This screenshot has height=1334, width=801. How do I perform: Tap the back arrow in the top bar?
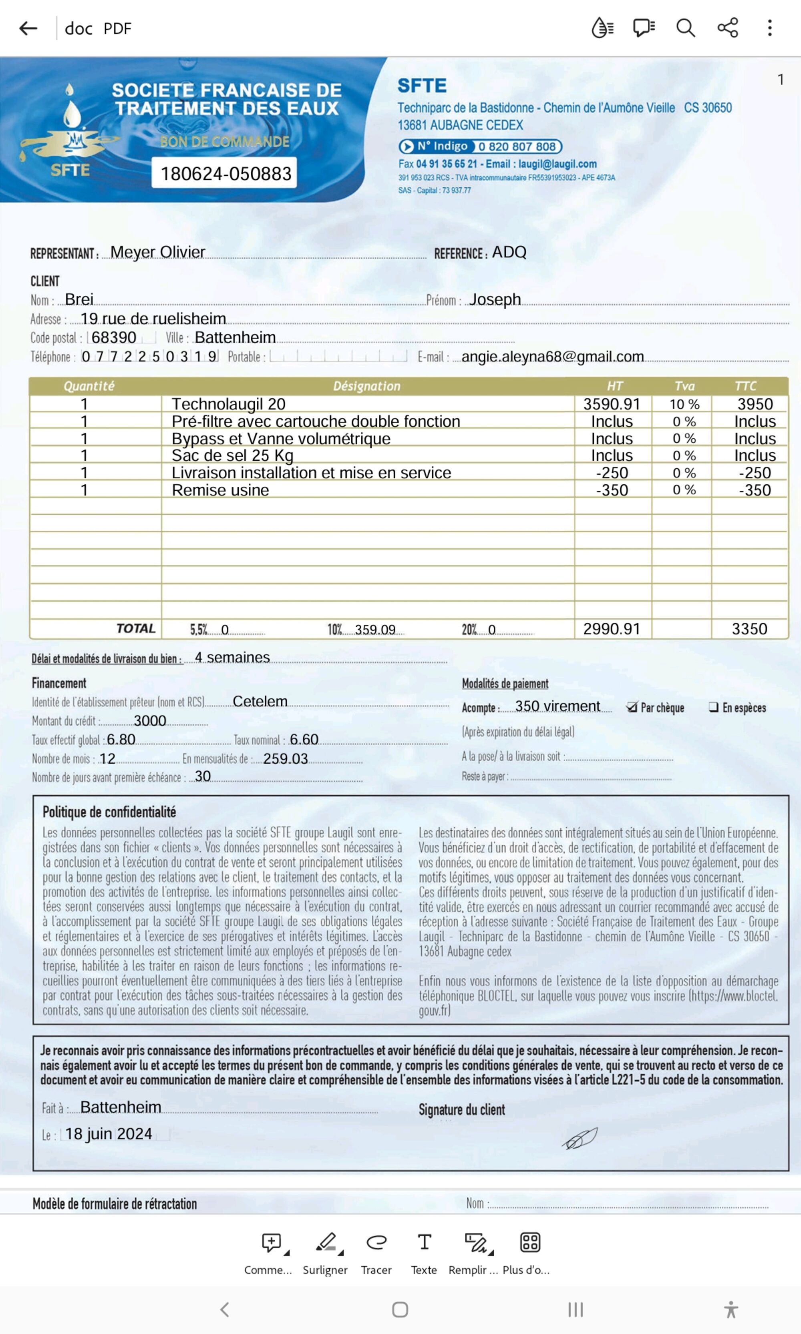tap(28, 28)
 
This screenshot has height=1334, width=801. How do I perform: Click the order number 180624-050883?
tap(225, 173)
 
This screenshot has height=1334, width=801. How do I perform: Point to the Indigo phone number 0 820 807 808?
tap(517, 146)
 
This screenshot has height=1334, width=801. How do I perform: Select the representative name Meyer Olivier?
tap(158, 252)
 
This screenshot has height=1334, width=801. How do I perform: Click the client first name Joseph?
tap(495, 299)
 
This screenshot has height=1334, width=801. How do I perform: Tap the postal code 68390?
tap(114, 338)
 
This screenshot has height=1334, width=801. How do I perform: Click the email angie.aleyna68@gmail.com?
tap(552, 357)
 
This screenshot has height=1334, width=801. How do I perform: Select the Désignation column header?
tap(366, 386)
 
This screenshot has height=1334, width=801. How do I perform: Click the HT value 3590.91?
tap(612, 404)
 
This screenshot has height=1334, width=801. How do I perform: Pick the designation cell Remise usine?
tap(220, 490)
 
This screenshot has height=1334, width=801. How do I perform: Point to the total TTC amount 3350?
tap(749, 629)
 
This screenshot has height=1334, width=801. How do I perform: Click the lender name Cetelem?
tap(260, 701)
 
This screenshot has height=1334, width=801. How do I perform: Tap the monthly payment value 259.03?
tap(286, 758)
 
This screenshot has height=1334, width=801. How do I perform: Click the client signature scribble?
tap(580, 1138)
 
